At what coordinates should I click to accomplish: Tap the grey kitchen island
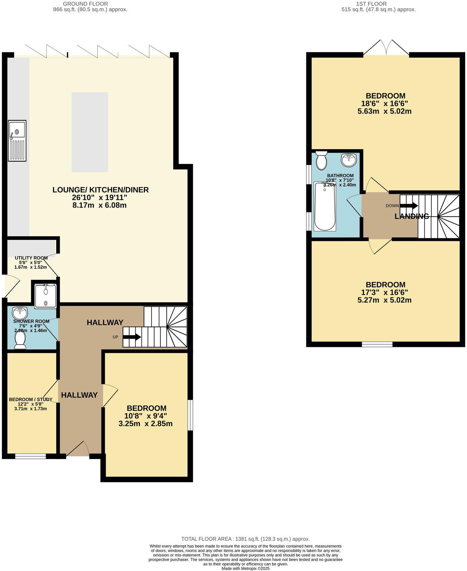coord(90,132)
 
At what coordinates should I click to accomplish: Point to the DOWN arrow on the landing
coord(409,206)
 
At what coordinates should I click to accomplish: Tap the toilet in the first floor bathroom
coord(321,160)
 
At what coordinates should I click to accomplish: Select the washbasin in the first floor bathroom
coord(349,160)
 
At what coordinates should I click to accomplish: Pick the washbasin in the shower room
coord(20,313)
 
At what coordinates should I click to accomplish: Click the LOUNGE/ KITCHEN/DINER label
coord(100,190)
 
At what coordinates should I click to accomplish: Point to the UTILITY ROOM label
coord(31,258)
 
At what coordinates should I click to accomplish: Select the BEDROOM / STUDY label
coord(31,399)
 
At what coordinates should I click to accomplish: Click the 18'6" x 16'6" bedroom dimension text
coord(385,103)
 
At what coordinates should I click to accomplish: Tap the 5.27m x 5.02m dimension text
coord(385,300)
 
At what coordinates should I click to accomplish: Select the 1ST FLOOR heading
coord(371,4)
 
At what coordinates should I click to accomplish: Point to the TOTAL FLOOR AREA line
coord(245,539)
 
